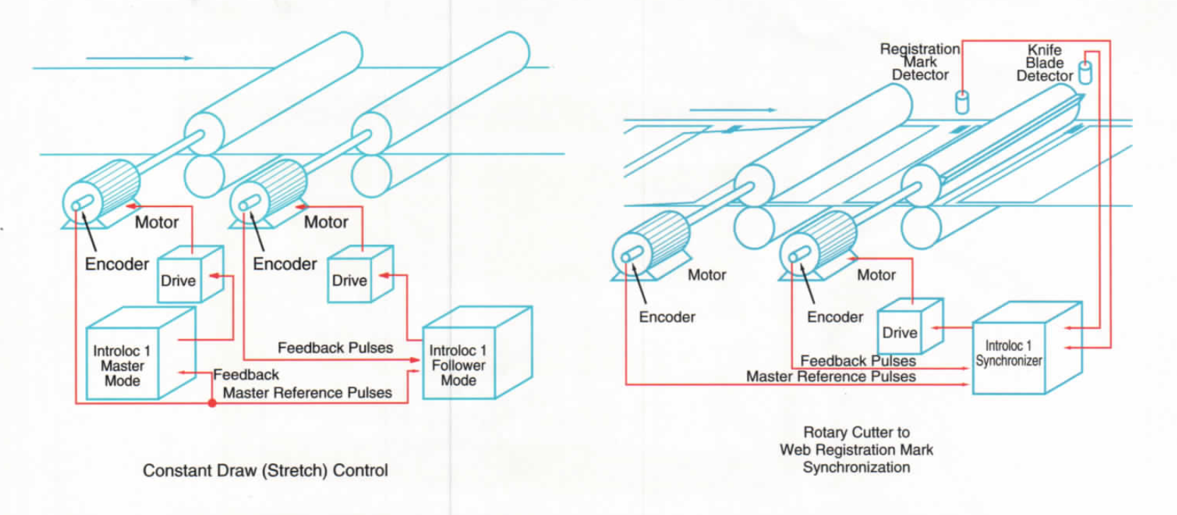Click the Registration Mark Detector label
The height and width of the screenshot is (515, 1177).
920,62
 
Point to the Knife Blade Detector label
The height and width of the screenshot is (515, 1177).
1044,62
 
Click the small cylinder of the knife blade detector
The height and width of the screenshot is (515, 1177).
1085,72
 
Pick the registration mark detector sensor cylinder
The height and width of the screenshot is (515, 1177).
962,102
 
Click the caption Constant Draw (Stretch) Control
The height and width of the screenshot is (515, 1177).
265,470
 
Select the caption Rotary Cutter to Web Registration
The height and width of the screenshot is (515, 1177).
856,449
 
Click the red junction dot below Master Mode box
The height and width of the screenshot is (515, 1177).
212,403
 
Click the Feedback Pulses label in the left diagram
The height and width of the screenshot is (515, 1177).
335,348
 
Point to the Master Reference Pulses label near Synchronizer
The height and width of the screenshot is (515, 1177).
830,377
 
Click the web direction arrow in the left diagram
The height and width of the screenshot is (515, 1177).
139,57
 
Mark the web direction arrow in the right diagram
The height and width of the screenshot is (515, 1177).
733,110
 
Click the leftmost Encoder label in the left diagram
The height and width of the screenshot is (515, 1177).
117,264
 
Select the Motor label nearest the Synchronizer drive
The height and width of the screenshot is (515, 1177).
877,275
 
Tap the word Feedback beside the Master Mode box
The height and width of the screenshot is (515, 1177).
246,375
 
